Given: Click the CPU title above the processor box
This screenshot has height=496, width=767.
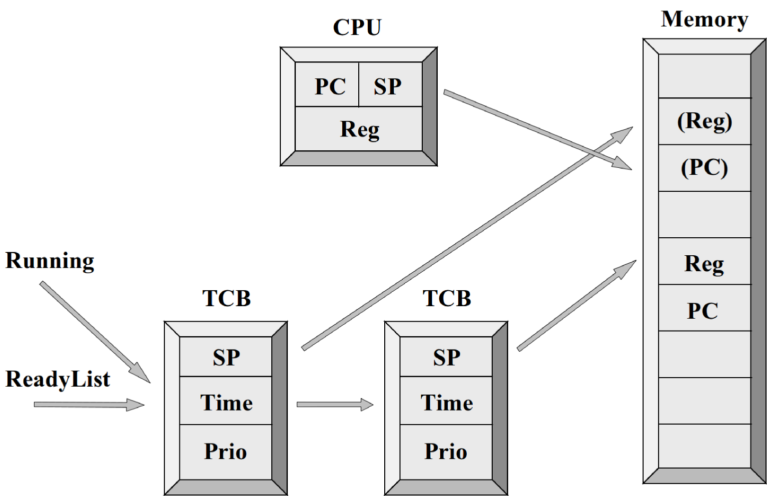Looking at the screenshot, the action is pos(357,27).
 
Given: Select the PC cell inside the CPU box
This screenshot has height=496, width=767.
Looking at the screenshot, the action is pos(327,84).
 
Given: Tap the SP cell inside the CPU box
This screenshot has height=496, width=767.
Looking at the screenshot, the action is pos(390,84).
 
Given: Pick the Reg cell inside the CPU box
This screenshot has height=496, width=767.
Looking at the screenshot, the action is pos(359,129).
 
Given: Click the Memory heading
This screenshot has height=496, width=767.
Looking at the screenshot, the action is pos(705,19).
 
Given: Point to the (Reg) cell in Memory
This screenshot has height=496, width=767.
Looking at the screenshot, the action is pos(705,121).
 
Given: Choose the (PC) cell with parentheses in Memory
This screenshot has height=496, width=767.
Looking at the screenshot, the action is pos(705,168).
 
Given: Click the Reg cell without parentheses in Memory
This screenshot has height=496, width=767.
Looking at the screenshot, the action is pos(705,261).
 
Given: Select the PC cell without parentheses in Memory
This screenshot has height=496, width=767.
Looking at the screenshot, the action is pos(705,308).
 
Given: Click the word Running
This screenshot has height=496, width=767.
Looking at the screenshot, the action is pos(49,261).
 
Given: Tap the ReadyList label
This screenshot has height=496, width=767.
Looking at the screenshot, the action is pos(57,379).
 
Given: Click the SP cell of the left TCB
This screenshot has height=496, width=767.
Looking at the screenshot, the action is pos(226,357).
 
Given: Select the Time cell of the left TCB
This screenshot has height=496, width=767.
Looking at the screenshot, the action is pos(226,401).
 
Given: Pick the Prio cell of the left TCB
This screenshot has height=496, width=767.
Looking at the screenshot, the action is pos(226,452).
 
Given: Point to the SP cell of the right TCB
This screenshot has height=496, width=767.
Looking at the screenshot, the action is pos(446,357).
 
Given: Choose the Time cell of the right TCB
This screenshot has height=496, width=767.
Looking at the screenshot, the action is pos(446,401).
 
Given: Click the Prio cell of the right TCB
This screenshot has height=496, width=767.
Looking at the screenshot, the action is pos(446,452).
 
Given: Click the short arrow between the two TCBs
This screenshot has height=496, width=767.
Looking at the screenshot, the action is pos(335,405).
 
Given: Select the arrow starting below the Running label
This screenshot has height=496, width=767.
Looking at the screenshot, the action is pos(95,332).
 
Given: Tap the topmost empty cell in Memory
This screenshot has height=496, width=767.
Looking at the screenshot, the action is pos(705,75).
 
